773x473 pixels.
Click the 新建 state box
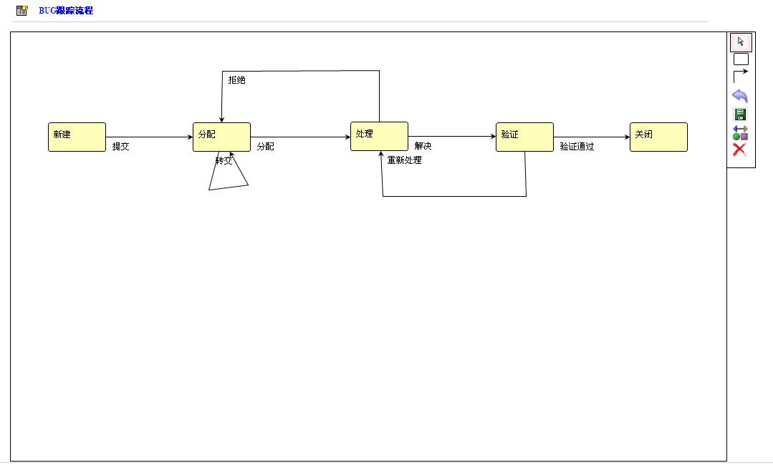click(77, 137)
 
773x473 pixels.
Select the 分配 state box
click(221, 137)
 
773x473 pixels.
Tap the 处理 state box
click(379, 136)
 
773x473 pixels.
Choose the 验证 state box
click(524, 137)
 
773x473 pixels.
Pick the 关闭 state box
click(658, 137)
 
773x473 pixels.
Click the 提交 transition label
click(121, 147)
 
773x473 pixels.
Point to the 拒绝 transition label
click(236, 80)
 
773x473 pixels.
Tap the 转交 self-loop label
click(224, 161)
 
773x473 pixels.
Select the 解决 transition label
click(423, 147)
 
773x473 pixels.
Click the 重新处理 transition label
click(404, 160)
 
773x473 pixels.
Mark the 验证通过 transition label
click(577, 147)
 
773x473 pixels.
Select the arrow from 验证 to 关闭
click(591, 137)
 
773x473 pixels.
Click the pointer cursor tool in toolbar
click(741, 42)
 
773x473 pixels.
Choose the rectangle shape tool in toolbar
click(741, 59)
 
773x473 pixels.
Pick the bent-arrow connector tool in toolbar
click(741, 75)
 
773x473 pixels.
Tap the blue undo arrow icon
click(740, 96)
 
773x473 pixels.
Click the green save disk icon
click(740, 114)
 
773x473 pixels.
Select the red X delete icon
click(740, 150)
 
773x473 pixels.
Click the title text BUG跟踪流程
click(66, 11)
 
